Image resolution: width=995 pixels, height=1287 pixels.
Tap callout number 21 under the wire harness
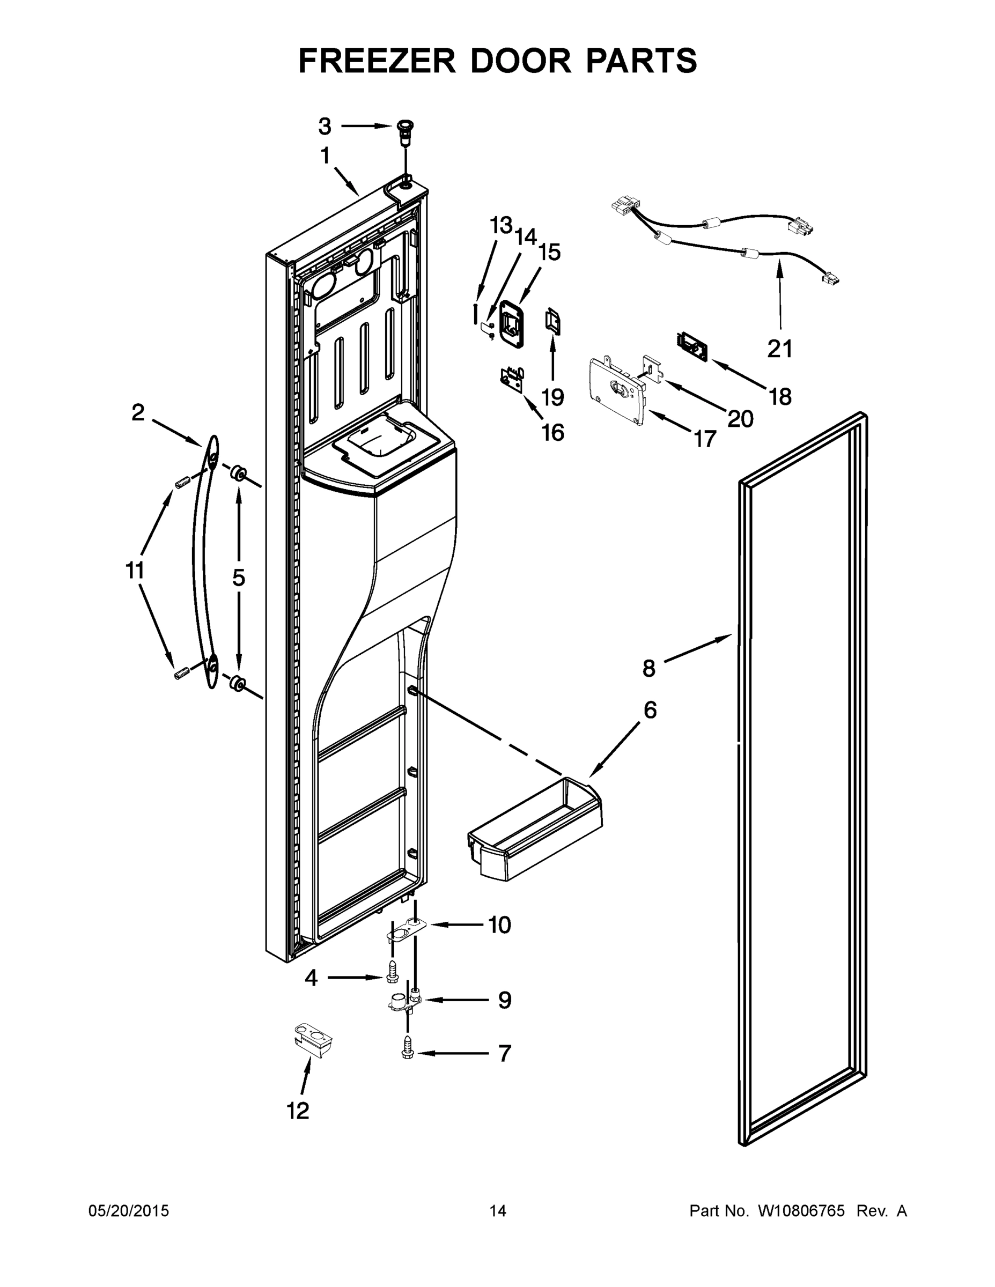pyautogui.click(x=779, y=349)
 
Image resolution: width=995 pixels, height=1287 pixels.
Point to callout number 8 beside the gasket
pyautogui.click(x=648, y=668)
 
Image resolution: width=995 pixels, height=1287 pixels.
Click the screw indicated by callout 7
pyautogui.click(x=408, y=1053)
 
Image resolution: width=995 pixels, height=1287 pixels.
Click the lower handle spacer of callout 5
pyautogui.click(x=238, y=684)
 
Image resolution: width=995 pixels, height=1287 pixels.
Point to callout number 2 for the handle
pyautogui.click(x=137, y=412)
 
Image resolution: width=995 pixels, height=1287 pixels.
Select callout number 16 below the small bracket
pyautogui.click(x=552, y=433)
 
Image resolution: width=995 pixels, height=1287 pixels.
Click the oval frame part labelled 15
pyautogui.click(x=511, y=321)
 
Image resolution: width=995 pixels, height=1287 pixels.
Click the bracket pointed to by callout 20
pyautogui.click(x=651, y=369)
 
